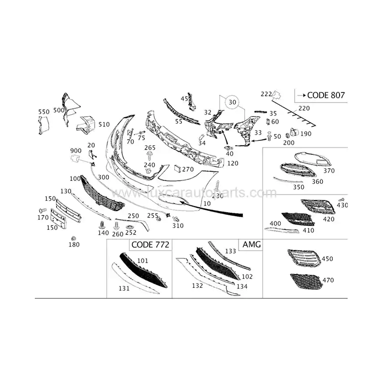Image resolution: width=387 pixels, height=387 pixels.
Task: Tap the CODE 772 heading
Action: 150,245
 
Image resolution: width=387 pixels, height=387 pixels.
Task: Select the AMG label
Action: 252,245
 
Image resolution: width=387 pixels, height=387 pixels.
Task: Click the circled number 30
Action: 233,102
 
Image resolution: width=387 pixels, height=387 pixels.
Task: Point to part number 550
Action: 44,112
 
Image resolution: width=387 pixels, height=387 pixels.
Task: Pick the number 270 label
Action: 188,169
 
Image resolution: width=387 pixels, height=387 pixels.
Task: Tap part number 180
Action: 74,245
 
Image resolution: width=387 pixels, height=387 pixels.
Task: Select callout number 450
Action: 327,259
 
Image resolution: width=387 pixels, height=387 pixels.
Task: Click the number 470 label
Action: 327,280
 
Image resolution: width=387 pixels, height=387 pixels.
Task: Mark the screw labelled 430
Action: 341,199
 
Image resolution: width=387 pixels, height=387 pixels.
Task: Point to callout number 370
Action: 329,171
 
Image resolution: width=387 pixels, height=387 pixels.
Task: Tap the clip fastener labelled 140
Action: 103,225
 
